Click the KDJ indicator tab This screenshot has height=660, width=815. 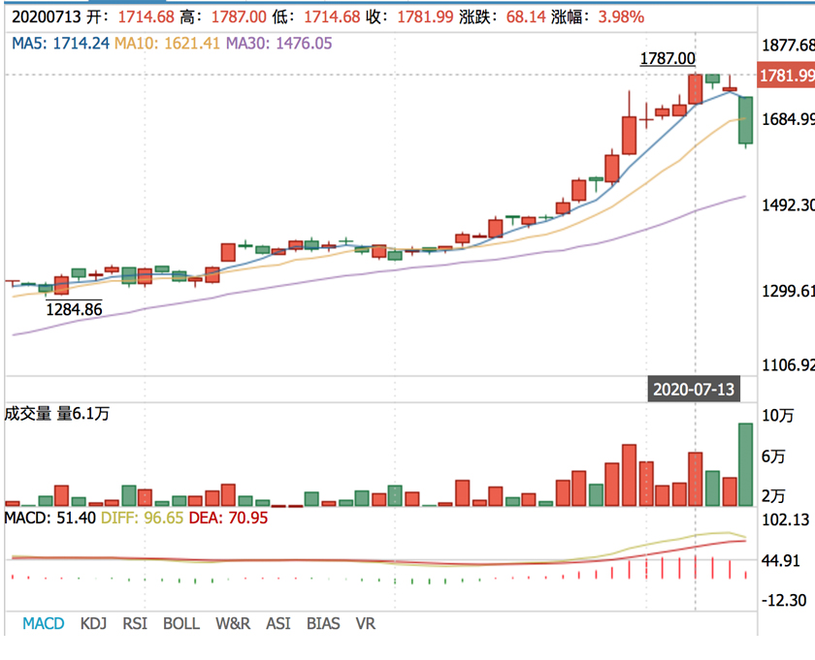click(x=94, y=623)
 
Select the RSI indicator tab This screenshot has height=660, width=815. click(x=135, y=623)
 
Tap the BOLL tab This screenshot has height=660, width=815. click(x=181, y=623)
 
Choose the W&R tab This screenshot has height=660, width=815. click(x=232, y=623)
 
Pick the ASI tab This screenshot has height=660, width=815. click(x=278, y=623)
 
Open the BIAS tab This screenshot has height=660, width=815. click(x=323, y=623)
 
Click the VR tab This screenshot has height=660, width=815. click(x=365, y=623)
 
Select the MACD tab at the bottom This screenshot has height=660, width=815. click(x=44, y=623)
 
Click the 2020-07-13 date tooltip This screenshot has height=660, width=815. click(x=694, y=390)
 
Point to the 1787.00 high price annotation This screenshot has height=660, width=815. click(x=668, y=59)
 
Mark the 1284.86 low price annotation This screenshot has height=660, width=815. click(x=74, y=309)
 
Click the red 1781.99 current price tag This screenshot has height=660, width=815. click(x=787, y=76)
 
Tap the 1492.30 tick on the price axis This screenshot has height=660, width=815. click(x=788, y=205)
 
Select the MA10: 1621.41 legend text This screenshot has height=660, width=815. click(x=167, y=43)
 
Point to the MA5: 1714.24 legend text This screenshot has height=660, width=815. click(x=60, y=43)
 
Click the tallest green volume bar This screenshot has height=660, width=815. click(x=745, y=464)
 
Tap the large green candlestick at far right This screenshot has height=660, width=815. click(x=745, y=121)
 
